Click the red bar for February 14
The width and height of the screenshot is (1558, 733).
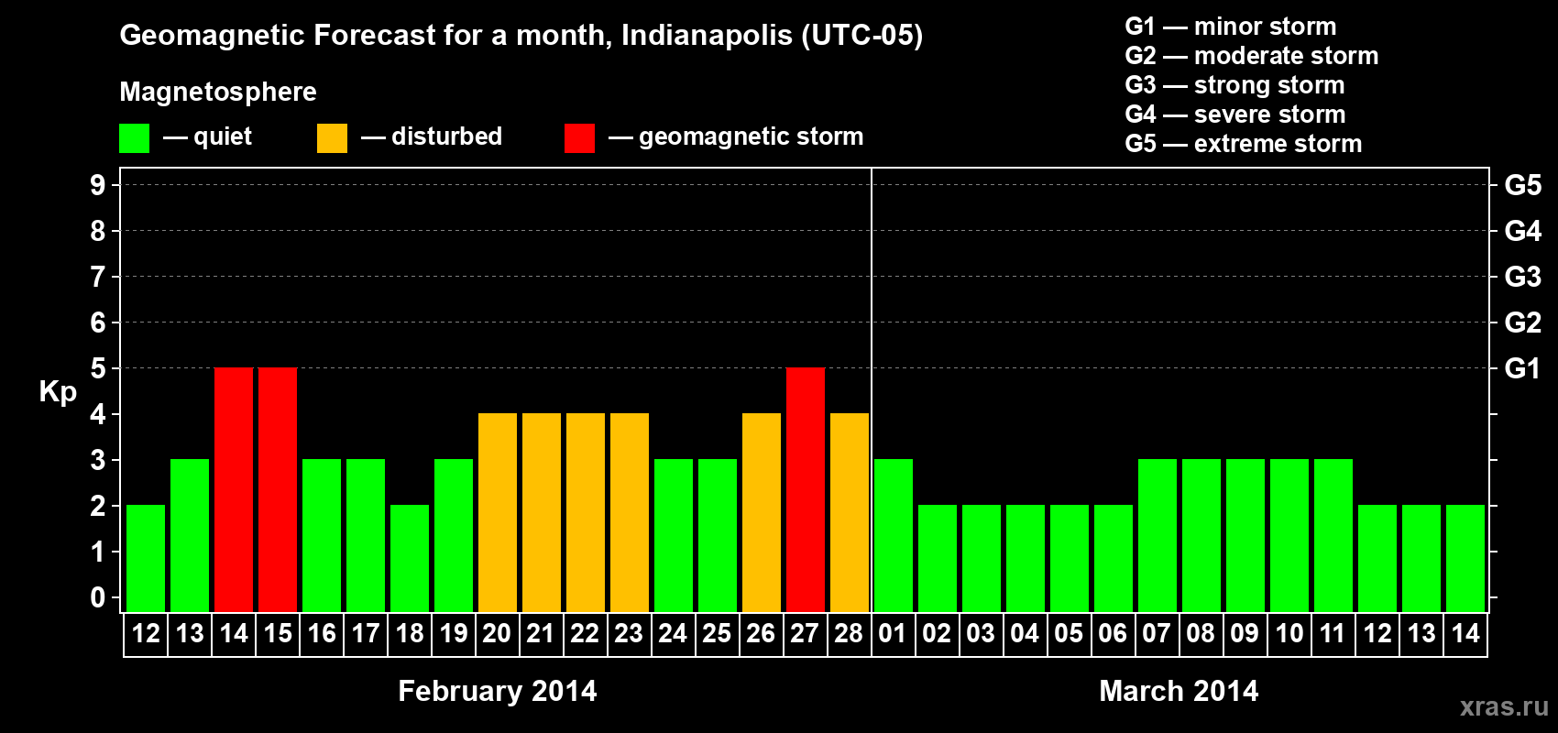[234, 489]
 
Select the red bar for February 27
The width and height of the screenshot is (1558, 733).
[806, 489]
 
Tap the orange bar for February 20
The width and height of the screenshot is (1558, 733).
[498, 512]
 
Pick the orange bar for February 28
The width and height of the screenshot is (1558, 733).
[850, 512]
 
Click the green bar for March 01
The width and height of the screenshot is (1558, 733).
[894, 535]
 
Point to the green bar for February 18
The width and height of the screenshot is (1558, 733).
[410, 558]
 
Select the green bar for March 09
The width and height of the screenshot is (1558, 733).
[1245, 535]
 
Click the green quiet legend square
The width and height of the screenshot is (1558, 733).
[134, 138]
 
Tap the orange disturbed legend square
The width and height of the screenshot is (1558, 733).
[332, 138]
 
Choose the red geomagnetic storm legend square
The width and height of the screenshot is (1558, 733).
[579, 138]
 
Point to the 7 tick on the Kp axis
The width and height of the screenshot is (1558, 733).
[98, 277]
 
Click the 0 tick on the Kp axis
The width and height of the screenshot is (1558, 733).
[98, 598]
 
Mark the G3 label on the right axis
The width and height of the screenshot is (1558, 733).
[1522, 277]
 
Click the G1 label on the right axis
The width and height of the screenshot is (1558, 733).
[1522, 368]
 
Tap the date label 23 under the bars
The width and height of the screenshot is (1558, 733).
[629, 634]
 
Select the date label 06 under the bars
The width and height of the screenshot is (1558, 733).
[1113, 634]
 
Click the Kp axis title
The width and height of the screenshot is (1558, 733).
[58, 392]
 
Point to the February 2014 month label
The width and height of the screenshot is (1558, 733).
[498, 691]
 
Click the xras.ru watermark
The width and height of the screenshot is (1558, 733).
[1504, 706]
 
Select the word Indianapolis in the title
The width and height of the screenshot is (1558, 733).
[707, 36]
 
